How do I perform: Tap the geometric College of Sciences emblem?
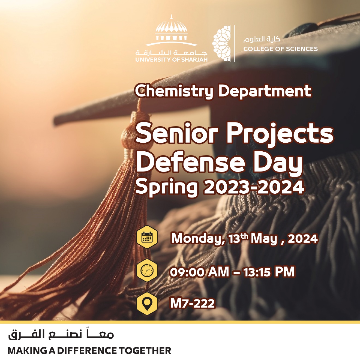click(221, 44)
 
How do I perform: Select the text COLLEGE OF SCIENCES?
click(280, 49)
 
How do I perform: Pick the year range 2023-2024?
click(254, 187)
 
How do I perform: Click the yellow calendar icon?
click(147, 237)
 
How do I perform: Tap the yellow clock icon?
click(147, 270)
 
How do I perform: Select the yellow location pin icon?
click(147, 304)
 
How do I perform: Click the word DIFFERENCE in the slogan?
click(88, 350)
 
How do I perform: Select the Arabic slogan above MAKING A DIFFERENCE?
click(61, 334)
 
